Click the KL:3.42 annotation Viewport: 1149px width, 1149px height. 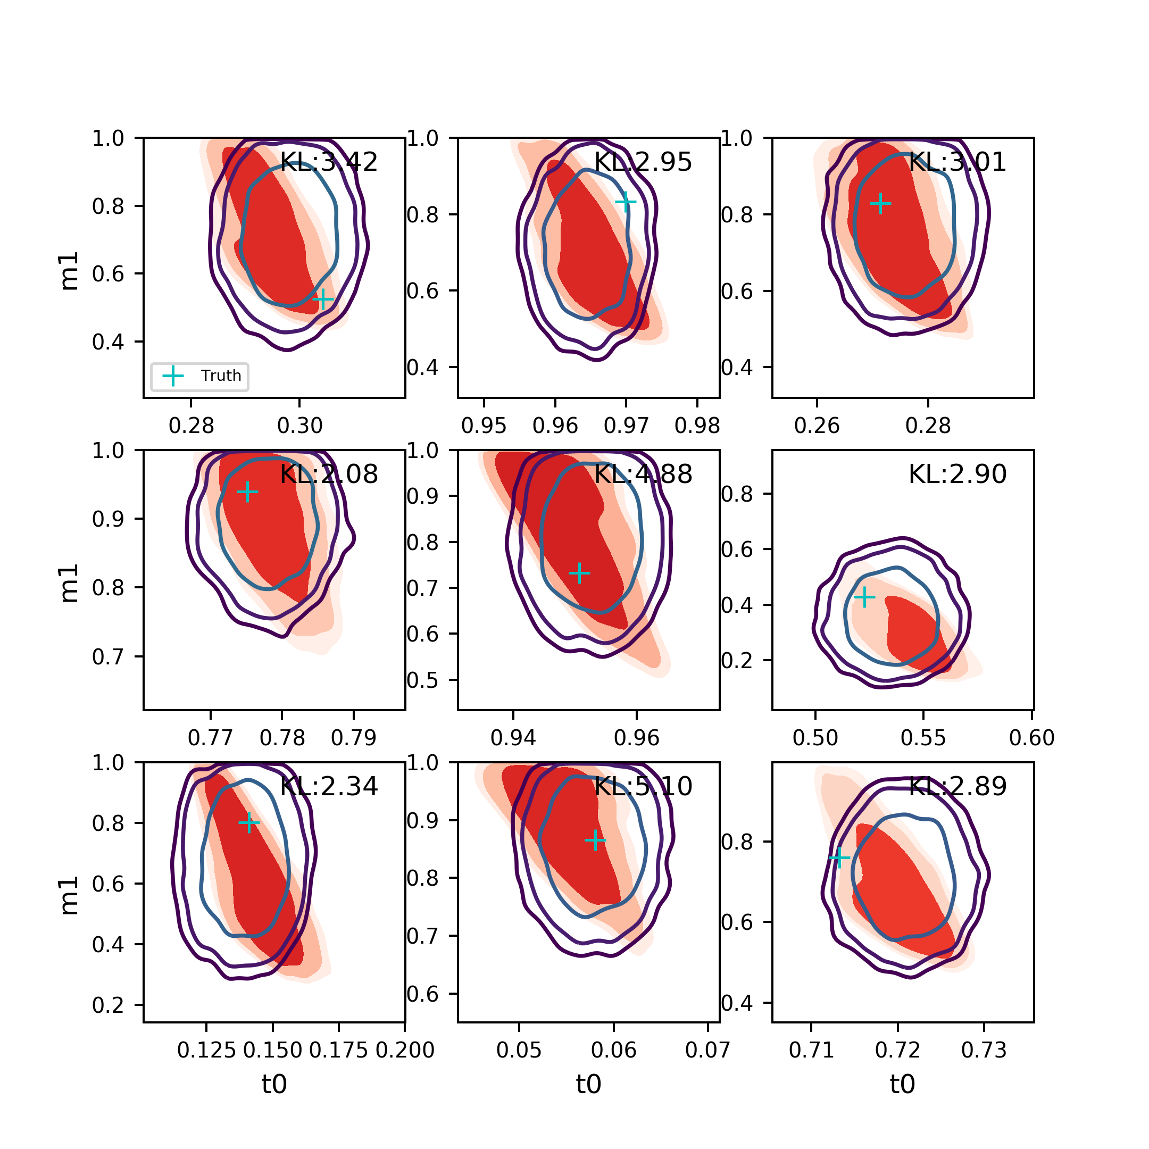[x=328, y=162]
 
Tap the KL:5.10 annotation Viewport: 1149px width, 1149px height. [x=643, y=786]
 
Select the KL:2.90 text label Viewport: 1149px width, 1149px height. [x=957, y=474]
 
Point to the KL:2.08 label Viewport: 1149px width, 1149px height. [x=328, y=474]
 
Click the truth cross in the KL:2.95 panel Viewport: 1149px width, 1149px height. [x=626, y=202]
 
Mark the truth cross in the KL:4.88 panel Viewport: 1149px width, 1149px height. [x=579, y=573]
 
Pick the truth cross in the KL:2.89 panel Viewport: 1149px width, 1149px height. [x=839, y=857]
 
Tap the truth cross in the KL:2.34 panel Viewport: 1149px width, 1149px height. [x=249, y=823]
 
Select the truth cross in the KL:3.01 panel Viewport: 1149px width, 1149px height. [x=881, y=203]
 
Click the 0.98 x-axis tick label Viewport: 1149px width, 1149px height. [x=697, y=426]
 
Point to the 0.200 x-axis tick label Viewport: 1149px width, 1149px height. [x=405, y=1050]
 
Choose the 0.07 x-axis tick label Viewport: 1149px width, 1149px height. [x=707, y=1050]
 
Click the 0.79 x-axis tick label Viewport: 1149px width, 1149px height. [x=354, y=738]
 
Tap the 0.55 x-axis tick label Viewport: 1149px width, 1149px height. [x=923, y=738]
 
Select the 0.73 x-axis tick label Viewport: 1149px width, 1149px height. [x=984, y=1050]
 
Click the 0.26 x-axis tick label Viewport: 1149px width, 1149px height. [x=817, y=426]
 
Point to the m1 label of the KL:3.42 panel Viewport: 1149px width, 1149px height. [x=70, y=271]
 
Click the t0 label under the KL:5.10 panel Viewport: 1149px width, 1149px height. [x=589, y=1084]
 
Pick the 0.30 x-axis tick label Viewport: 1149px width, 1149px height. [x=299, y=426]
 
